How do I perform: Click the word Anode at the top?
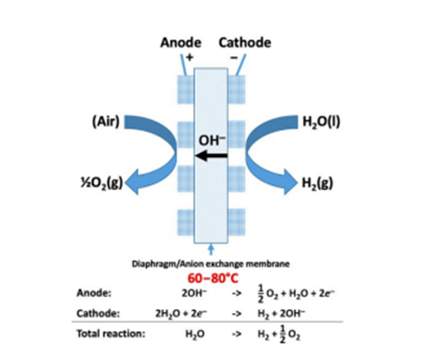[181, 43]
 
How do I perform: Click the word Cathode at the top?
[244, 43]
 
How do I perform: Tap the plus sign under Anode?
[190, 57]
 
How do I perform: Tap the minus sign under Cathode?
[234, 57]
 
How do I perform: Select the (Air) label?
[106, 121]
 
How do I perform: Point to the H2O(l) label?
[321, 121]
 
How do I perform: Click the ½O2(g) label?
[102, 183]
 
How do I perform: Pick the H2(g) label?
[317, 183]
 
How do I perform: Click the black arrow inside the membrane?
[211, 156]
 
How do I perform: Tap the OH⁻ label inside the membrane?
[212, 140]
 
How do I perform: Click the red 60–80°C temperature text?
[213, 278]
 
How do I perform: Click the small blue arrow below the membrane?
[211, 249]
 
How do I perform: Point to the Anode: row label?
[94, 293]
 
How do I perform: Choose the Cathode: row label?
[98, 314]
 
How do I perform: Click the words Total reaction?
[111, 334]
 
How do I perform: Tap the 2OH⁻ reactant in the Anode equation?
[194, 293]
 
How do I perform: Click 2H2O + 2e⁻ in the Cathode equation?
[182, 314]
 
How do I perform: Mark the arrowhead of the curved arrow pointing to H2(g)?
[291, 182]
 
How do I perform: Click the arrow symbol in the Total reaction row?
[236, 334]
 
